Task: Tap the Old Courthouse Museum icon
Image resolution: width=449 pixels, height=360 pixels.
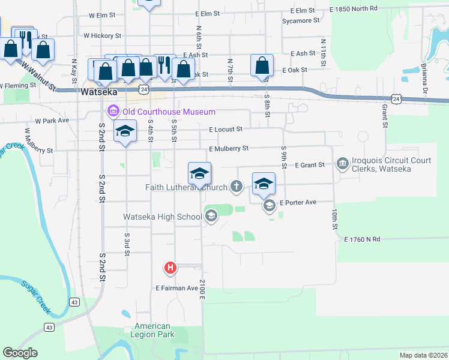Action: pyautogui.click(x=112, y=112)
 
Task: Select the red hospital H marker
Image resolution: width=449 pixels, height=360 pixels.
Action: pyautogui.click(x=170, y=268)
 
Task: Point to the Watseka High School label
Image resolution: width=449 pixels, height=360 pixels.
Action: pyautogui.click(x=162, y=217)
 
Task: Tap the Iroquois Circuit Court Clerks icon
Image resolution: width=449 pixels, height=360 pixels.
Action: pyautogui.click(x=343, y=163)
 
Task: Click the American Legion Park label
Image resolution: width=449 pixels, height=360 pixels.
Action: pyautogui.click(x=152, y=331)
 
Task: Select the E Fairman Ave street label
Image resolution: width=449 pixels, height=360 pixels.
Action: pyautogui.click(x=176, y=289)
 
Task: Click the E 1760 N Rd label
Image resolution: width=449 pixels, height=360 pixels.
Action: pyautogui.click(x=363, y=239)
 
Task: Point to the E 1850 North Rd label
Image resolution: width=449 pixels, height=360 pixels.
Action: pyautogui.click(x=354, y=9)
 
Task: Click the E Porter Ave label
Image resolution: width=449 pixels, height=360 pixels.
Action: pyautogui.click(x=298, y=202)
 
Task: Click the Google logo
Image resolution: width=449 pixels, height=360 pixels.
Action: pyautogui.click(x=20, y=353)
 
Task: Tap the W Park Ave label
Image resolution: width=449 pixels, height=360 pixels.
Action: pyautogui.click(x=52, y=121)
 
